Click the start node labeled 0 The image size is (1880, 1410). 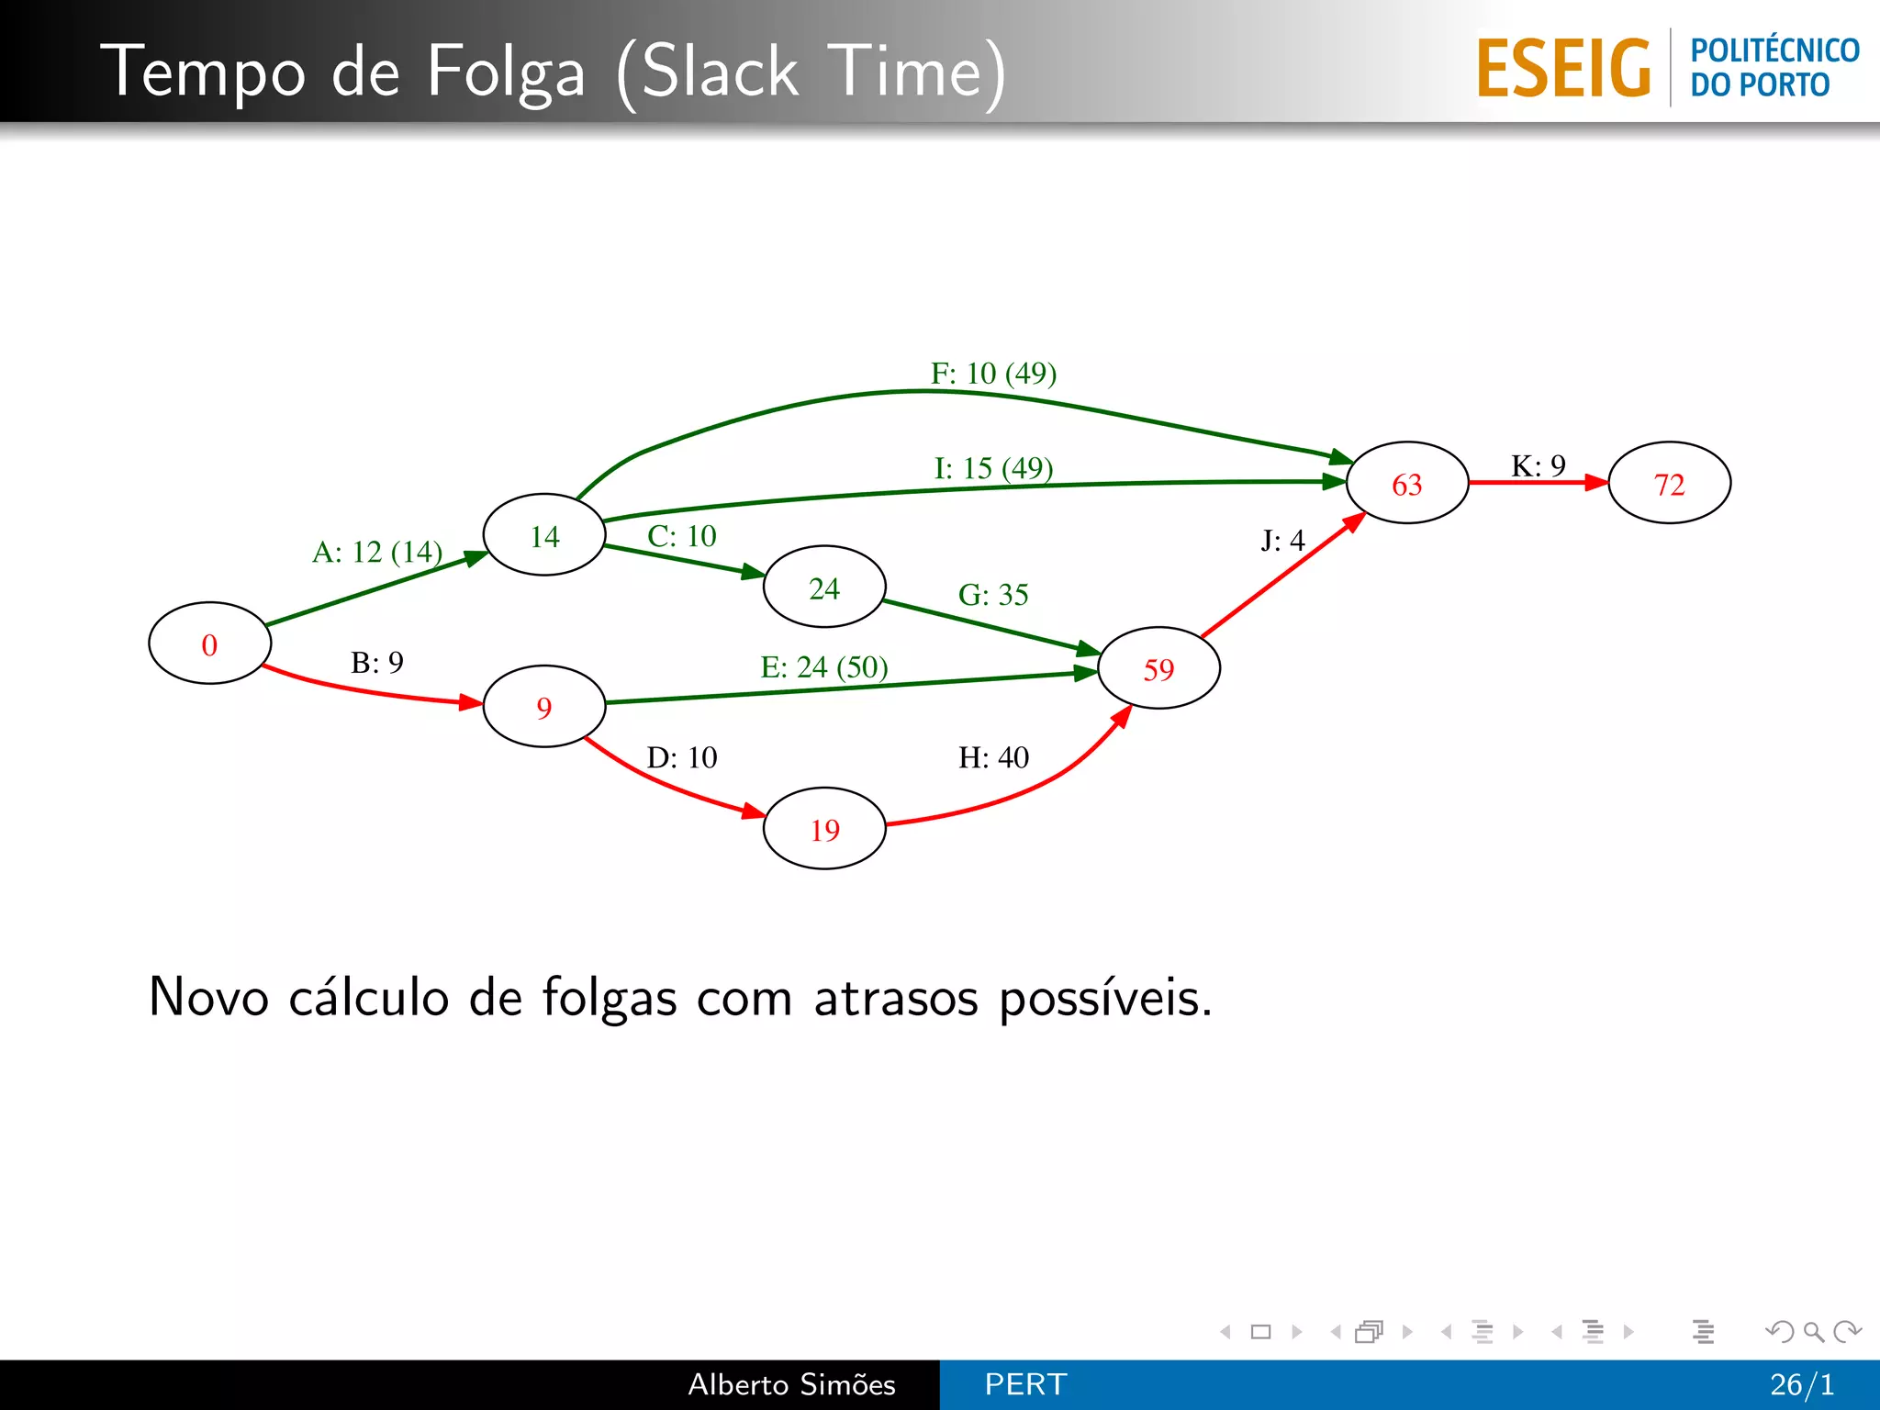coord(209,643)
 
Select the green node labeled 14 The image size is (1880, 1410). coord(544,535)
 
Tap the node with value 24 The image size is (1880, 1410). coord(824,587)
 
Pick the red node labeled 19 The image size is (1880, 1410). coord(824,829)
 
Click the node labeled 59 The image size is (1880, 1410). coord(1158,668)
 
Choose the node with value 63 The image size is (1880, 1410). coord(1406,483)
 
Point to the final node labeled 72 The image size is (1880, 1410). coord(1669,483)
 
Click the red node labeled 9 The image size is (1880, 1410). coord(544,707)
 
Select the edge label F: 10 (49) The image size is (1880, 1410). coord(993,373)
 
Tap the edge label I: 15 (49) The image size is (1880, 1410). coord(993,468)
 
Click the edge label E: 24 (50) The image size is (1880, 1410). coord(824,666)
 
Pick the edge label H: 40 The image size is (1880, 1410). coord(993,757)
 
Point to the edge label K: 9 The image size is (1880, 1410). coord(1538,465)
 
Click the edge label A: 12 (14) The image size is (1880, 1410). coord(377,552)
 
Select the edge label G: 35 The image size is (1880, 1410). coord(993,595)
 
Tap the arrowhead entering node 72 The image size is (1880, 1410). coord(1597,483)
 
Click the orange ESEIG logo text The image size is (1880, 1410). coord(1563,68)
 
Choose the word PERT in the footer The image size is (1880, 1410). coord(1025,1384)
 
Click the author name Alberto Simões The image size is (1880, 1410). coord(791,1384)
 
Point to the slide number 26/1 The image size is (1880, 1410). coord(1802,1384)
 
